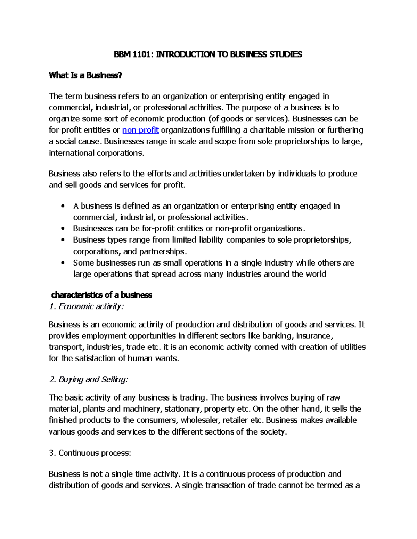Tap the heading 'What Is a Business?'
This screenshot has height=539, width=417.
pos(85,75)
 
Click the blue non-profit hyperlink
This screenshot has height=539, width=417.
pos(140,130)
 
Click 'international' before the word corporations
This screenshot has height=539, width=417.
pos(71,153)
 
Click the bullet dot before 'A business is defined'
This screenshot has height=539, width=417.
pos(63,207)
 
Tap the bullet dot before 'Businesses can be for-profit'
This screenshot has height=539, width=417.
pos(63,229)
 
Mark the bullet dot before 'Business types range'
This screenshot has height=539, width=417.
pos(63,240)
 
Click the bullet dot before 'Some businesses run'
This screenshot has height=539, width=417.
pos(63,263)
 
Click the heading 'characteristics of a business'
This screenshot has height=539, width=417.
pos(101,295)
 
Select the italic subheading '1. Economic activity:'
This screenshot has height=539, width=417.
pos(87,306)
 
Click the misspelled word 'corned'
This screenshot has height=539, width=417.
pos(266,347)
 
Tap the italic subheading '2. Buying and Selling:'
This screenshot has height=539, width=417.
pos(89,379)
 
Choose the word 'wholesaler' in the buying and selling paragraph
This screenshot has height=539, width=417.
pos(200,420)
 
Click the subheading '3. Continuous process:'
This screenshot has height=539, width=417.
pos(90,453)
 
